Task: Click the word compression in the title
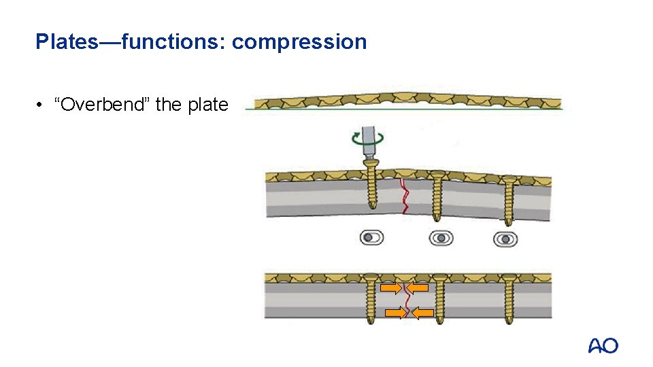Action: pos(299,42)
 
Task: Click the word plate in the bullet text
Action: pos(207,105)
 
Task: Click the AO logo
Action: pos(603,346)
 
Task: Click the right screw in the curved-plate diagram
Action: pos(509,200)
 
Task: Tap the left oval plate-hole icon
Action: pos(371,238)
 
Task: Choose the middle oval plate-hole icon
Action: pos(441,238)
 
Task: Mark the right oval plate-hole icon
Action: pos(505,239)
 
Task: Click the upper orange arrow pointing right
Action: pos(390,288)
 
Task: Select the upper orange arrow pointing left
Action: pos(418,288)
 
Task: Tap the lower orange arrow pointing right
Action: pos(395,313)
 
